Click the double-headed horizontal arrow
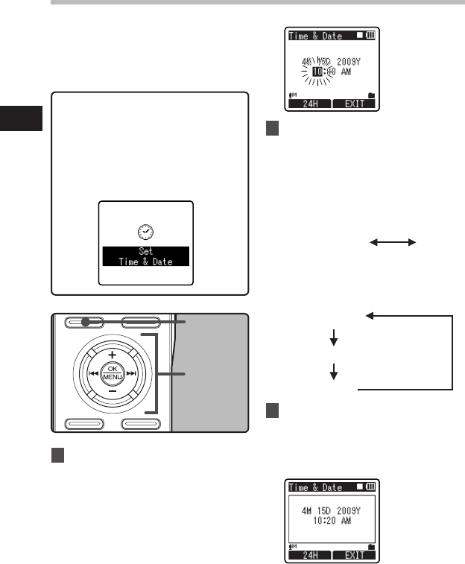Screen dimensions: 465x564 point(392,242)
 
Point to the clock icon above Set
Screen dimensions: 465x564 point(145,231)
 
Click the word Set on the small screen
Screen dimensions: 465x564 point(145,251)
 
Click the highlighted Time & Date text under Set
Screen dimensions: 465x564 point(145,261)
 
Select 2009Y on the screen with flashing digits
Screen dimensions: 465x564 point(348,60)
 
